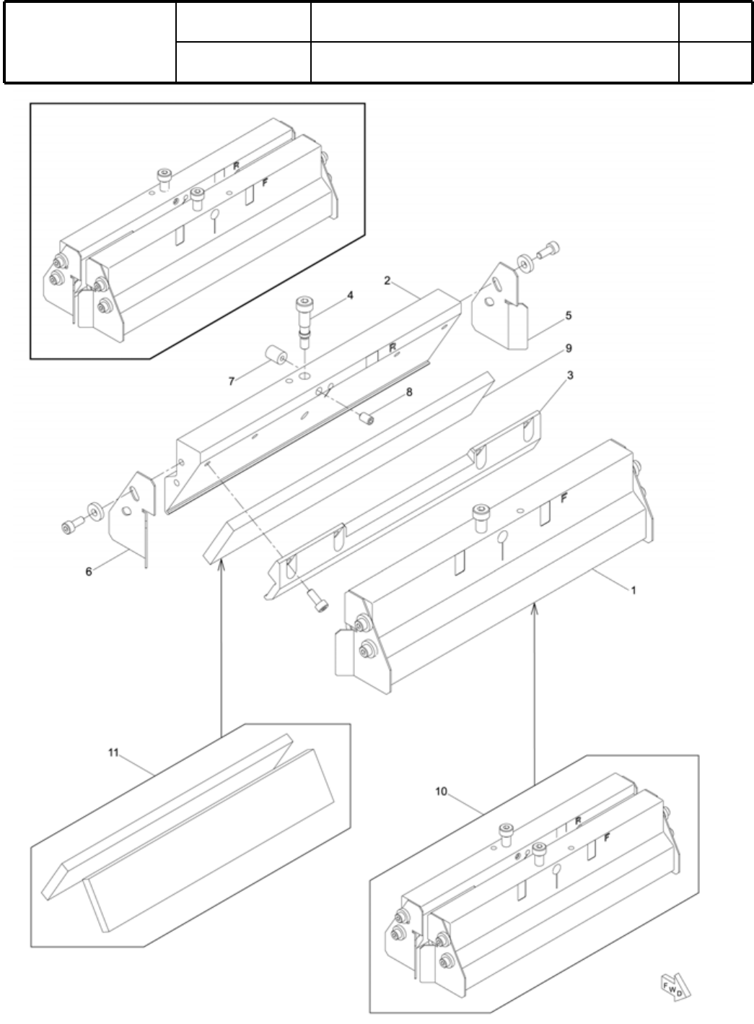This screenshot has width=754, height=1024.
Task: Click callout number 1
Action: pyautogui.click(x=633, y=590)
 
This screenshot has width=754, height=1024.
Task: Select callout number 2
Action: pyautogui.click(x=387, y=280)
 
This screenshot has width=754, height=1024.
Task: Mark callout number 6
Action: pyautogui.click(x=89, y=571)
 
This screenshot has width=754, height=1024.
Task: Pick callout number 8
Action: pyautogui.click(x=408, y=392)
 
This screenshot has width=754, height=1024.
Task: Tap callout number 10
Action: pyautogui.click(x=442, y=791)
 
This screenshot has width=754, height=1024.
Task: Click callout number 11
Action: pyautogui.click(x=113, y=752)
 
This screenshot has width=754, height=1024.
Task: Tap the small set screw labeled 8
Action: pyautogui.click(x=367, y=417)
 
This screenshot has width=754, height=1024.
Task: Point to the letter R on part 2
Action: pyautogui.click(x=393, y=347)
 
